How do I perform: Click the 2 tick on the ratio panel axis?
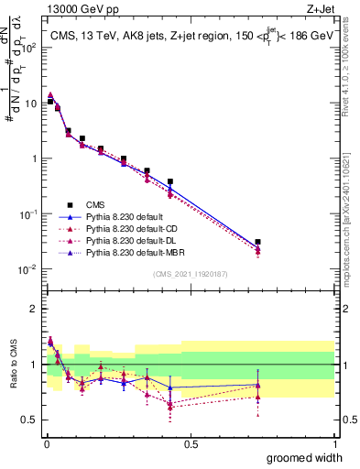tap(35, 309)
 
